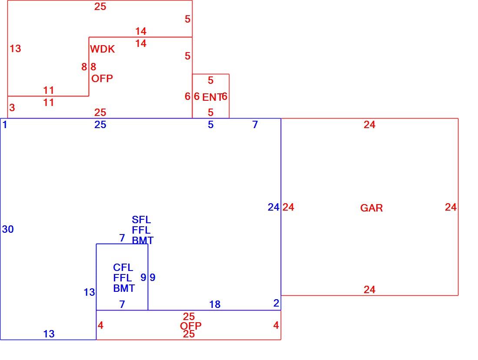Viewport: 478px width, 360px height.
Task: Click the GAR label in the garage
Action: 371,208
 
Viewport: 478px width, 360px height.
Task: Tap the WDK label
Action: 103,49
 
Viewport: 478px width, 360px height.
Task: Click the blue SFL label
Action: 141,220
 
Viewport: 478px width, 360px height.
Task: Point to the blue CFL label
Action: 123,268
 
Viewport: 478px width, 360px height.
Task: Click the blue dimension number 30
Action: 8,229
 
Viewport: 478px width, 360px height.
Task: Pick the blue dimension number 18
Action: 215,304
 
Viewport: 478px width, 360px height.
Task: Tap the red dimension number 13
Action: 15,49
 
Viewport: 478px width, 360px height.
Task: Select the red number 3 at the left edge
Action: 12,108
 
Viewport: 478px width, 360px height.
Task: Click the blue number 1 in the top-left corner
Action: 5,125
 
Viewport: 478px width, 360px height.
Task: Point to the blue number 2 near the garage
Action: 276,303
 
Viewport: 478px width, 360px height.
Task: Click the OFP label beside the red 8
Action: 102,79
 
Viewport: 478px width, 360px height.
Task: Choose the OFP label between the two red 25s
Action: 190,326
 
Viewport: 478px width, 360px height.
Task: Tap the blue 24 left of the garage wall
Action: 273,207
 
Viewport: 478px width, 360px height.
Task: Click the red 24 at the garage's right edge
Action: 451,207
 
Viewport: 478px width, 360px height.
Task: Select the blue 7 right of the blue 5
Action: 255,125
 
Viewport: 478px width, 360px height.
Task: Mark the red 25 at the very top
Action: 100,7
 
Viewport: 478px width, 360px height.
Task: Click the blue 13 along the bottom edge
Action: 49,334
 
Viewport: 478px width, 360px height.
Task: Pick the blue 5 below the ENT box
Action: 211,125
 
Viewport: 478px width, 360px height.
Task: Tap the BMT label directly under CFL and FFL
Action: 124,288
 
